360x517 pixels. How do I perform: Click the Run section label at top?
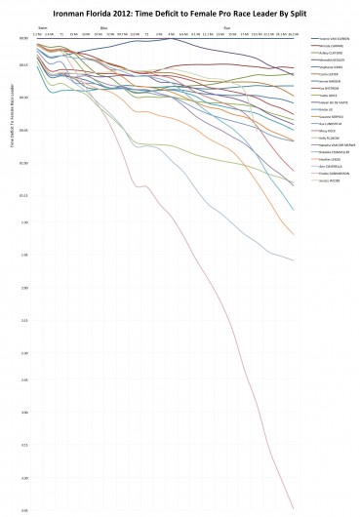227,29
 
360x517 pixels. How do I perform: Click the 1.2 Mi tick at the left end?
36,34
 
